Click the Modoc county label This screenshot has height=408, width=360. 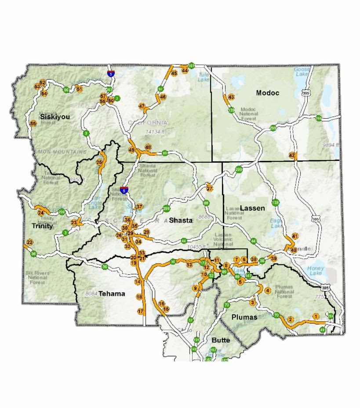[x=268, y=93]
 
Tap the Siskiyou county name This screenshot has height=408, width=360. [x=55, y=117]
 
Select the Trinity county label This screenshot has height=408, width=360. [x=42, y=226]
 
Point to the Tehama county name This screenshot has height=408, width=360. [x=112, y=293]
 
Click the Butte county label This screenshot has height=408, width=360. [x=221, y=340]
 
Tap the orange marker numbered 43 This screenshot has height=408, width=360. [x=231, y=97]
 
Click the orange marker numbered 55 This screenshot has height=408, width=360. [x=33, y=124]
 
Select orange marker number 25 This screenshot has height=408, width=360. [x=99, y=162]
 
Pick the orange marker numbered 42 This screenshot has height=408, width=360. [x=292, y=155]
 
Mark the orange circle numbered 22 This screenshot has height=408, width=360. [x=29, y=242]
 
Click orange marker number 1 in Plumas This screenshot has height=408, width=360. [x=316, y=316]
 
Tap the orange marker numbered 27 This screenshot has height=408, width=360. [x=210, y=188]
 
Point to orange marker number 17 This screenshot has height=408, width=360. [x=141, y=311]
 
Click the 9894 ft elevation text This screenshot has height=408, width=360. [x=331, y=145]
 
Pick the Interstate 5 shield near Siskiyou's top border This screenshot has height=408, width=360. [x=111, y=74]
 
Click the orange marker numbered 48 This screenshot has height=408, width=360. [x=148, y=147]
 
